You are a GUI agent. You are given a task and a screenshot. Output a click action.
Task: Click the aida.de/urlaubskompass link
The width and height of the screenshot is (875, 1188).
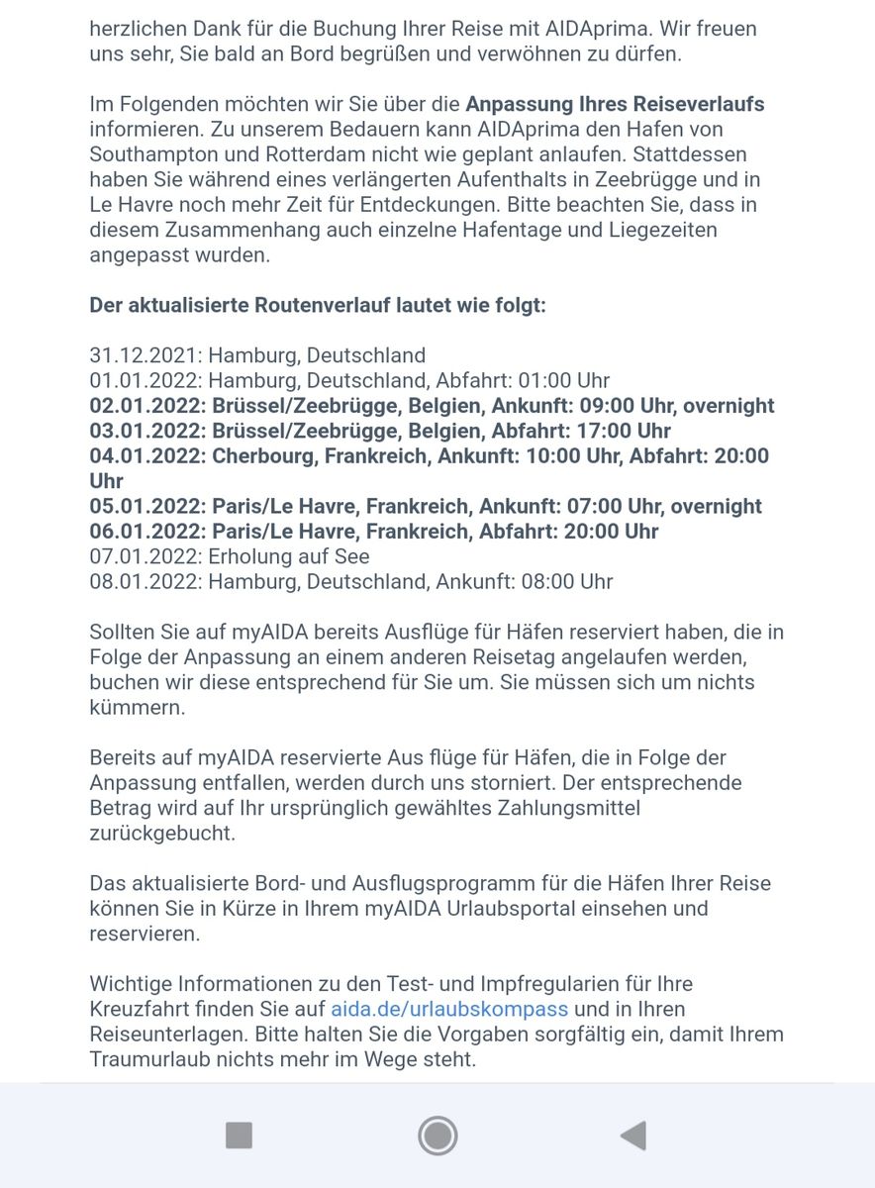click(449, 1009)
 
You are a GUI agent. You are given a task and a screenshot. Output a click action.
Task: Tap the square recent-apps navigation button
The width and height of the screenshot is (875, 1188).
click(239, 1135)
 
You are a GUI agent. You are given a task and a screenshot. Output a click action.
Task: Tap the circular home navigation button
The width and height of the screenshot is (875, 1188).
click(437, 1135)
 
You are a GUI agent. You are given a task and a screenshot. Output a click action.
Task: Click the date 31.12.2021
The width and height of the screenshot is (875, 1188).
click(146, 355)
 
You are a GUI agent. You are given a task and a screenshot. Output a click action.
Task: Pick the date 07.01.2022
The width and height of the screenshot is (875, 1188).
click(146, 556)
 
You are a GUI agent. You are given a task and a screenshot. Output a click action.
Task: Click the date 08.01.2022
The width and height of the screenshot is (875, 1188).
click(146, 582)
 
